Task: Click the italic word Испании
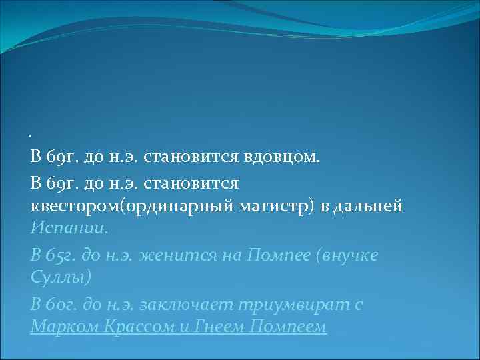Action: tap(68, 229)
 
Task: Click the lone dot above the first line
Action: tap(31, 136)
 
